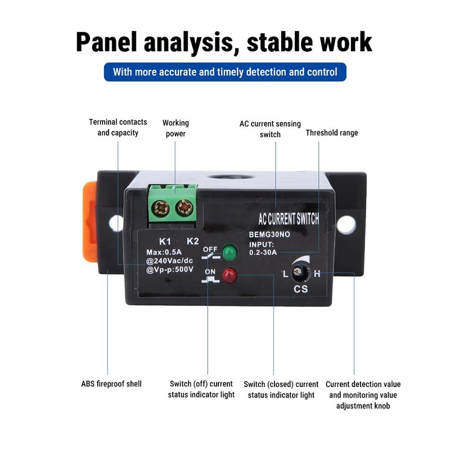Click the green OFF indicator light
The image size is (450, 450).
pos(228,253)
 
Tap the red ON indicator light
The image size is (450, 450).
pos(228,276)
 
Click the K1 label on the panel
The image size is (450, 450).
pos(165,241)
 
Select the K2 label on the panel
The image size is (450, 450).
pos(192,241)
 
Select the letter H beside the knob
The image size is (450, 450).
pos(317,274)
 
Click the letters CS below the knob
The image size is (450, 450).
pos(300,289)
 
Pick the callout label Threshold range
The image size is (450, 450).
pos(331,133)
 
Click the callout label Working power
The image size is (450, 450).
pos(175,128)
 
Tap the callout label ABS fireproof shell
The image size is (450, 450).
pos(111,384)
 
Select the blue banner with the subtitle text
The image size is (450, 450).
pos(225,72)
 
